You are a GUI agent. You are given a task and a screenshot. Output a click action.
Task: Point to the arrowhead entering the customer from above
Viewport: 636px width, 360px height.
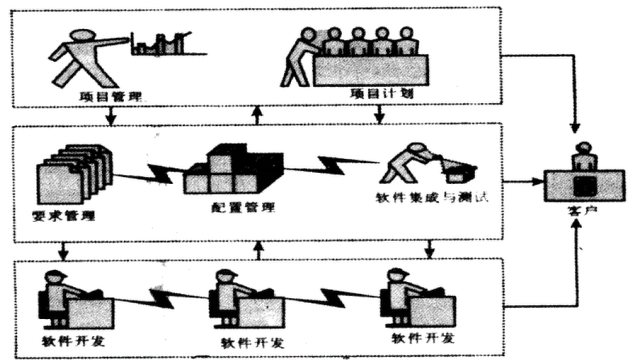(576, 129)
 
